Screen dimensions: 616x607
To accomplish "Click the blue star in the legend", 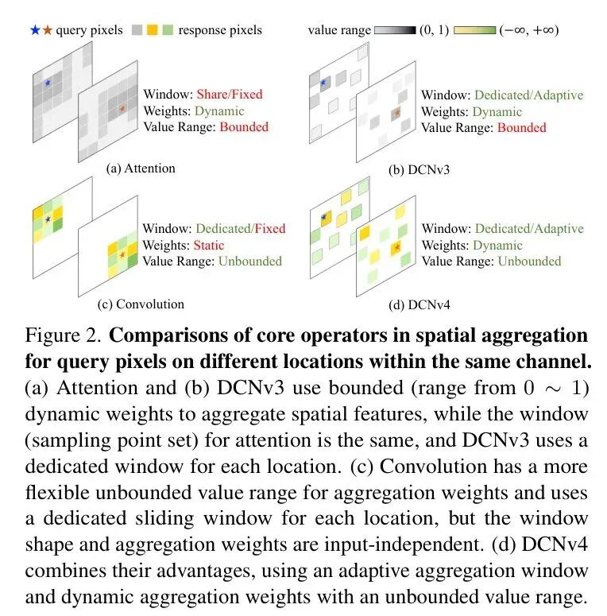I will pos(34,30).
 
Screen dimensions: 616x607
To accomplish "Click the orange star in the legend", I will pos(48,30).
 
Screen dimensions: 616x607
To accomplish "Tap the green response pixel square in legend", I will pos(168,30).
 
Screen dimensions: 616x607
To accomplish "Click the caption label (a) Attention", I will pos(141,169).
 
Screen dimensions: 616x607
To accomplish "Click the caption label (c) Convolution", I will pos(140,304).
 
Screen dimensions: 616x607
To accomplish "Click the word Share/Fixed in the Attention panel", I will pos(229,94).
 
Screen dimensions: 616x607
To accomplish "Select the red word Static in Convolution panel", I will pos(209,245).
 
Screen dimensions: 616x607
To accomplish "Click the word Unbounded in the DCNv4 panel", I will pos(529,261).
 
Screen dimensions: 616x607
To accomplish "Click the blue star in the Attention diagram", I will pos(48,83).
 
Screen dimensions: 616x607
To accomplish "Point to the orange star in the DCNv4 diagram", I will pos(397,249).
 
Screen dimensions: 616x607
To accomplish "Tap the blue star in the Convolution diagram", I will pos(48,219).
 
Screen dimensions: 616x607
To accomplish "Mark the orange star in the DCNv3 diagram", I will pos(397,114).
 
